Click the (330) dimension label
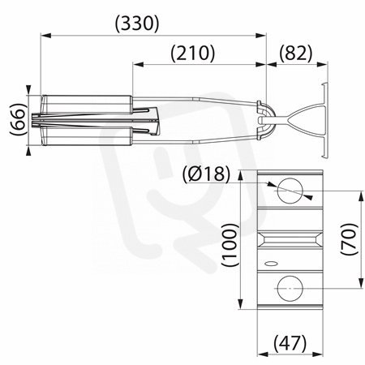[x=137, y=23]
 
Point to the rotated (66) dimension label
[x=18, y=119]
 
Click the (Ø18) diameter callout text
[x=206, y=174]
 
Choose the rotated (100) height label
[x=230, y=245]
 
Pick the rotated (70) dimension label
[x=350, y=238]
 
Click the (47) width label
[x=290, y=343]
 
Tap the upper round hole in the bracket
[x=290, y=191]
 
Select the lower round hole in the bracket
[x=290, y=289]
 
